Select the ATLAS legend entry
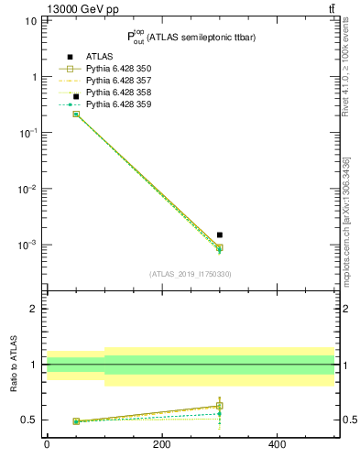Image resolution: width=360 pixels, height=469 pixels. click(100, 58)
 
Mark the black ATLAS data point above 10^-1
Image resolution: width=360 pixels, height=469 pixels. click(76, 96)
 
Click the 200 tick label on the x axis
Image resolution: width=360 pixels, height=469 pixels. click(161, 444)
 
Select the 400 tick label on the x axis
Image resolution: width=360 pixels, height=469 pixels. click(276, 444)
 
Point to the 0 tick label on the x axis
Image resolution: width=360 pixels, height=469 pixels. click(47, 444)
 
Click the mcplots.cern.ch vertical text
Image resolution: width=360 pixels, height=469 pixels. click(347, 221)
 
